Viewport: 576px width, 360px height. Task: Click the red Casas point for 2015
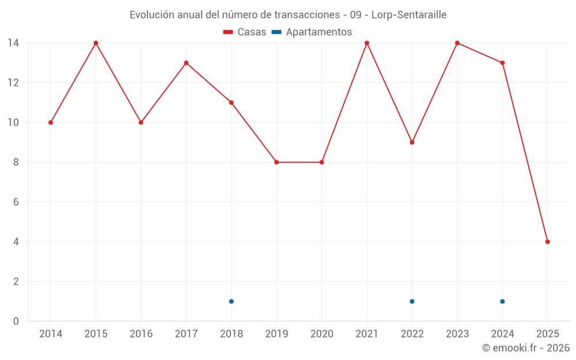point(96,43)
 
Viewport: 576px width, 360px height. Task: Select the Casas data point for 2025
point(547,242)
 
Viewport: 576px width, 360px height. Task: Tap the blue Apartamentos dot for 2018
point(231,301)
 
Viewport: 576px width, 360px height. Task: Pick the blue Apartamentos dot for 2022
point(412,301)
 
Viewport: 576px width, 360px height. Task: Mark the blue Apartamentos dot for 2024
point(502,301)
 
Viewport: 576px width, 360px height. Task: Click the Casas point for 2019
point(276,162)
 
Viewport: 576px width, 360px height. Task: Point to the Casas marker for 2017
point(186,63)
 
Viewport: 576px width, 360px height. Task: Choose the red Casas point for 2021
point(367,43)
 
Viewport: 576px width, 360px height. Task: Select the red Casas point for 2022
point(412,142)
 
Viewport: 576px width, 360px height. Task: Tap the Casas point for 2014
point(51,123)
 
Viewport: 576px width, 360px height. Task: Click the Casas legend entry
point(245,32)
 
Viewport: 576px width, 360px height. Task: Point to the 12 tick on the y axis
point(13,83)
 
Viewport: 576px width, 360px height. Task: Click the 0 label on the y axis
point(16,321)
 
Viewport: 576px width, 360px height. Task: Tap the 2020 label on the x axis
point(321,334)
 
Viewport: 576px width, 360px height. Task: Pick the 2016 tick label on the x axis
point(141,334)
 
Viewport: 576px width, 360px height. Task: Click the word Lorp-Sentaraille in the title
point(408,14)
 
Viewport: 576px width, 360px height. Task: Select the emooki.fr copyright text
point(526,348)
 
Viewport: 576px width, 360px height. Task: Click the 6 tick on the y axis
point(16,202)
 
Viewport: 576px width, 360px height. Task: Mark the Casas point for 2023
point(457,43)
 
